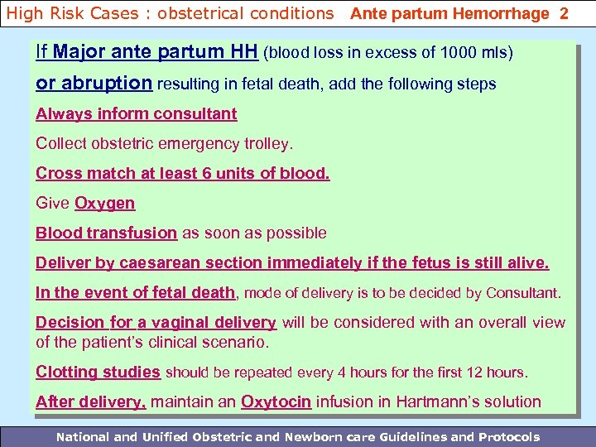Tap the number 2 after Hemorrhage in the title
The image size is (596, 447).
click(564, 13)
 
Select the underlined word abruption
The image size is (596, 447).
click(106, 84)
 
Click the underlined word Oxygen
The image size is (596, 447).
click(104, 204)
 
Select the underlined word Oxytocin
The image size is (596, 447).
click(276, 402)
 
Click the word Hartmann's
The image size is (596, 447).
click(438, 402)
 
